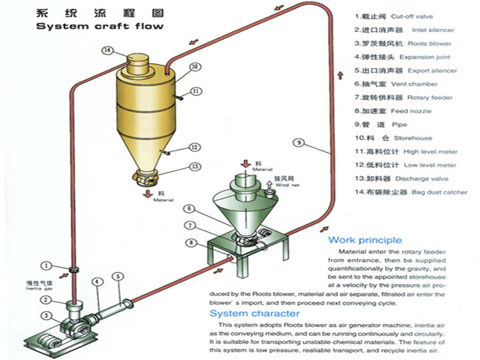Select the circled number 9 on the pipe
coord(298,143)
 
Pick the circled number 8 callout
coord(190,242)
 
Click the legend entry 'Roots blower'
coord(435,43)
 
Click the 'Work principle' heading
coord(364,239)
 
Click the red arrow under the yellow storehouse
coord(145,192)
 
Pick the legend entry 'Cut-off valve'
coord(424,16)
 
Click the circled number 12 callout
coord(194,146)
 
